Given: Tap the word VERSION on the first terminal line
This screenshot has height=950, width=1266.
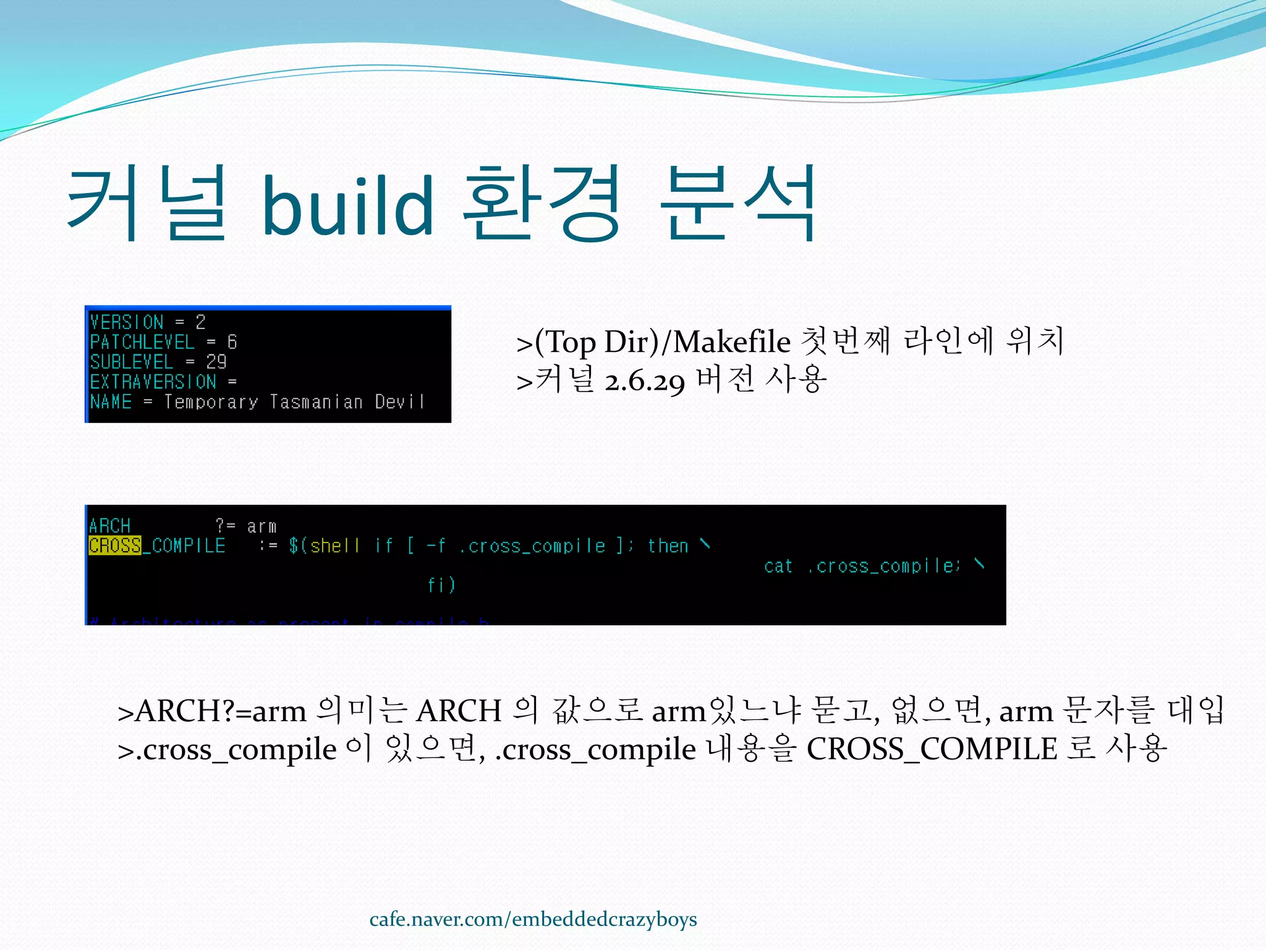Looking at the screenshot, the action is click(127, 322).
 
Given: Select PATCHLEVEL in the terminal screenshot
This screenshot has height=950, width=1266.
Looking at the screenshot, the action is click(142, 342).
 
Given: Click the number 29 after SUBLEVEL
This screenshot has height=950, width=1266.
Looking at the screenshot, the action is click(216, 362).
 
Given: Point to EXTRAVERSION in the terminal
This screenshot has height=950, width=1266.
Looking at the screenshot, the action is click(153, 382).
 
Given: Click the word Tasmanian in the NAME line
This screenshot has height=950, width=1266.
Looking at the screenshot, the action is click(316, 402).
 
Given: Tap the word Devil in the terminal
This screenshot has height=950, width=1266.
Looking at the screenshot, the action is click(399, 402).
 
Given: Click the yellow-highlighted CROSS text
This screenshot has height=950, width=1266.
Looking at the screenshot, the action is click(115, 546).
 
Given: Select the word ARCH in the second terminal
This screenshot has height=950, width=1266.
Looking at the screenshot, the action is click(109, 526).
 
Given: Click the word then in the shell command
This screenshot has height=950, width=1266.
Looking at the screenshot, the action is click(668, 546).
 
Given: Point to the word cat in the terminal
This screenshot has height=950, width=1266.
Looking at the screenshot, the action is click(778, 566).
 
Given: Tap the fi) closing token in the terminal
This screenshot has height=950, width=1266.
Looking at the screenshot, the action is click(441, 585).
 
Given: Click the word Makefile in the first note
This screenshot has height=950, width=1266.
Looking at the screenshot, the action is click(731, 342).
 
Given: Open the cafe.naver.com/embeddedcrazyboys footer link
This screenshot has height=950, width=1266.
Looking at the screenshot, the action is click(533, 920).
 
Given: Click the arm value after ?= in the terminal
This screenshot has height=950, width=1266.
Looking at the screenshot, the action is click(261, 526).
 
